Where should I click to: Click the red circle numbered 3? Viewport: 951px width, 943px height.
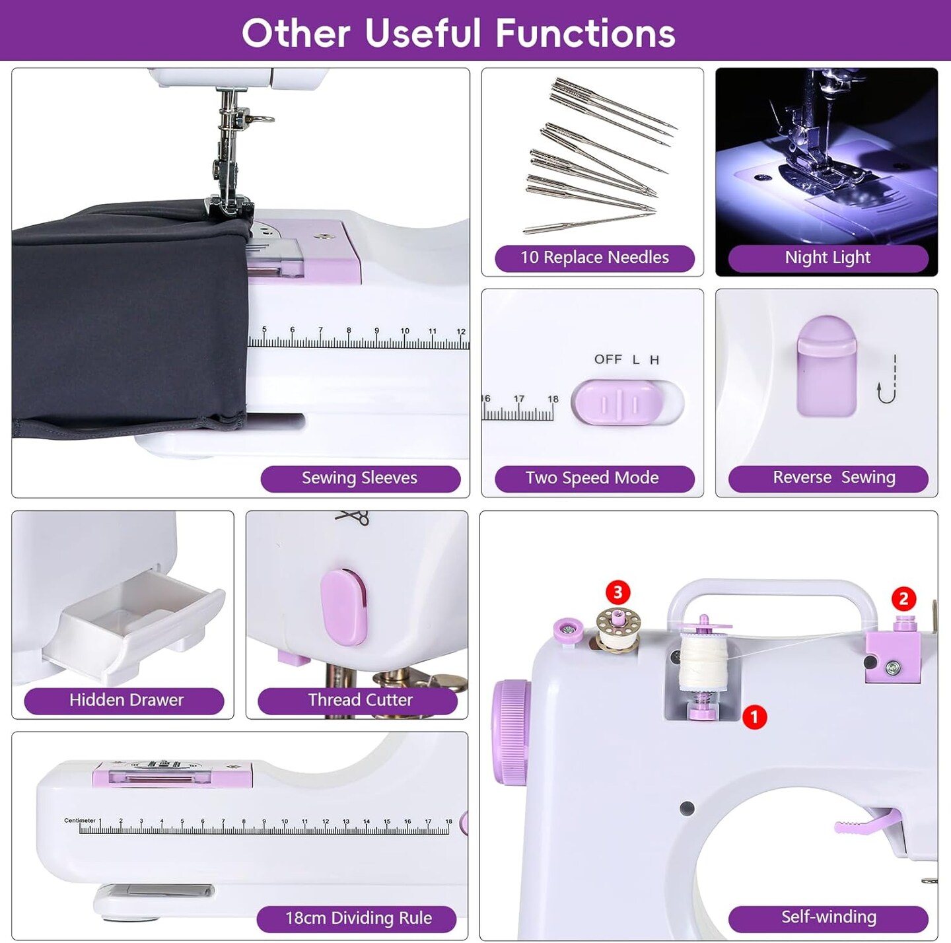pyautogui.click(x=617, y=592)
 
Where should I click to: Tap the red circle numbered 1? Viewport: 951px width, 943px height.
pyautogui.click(x=754, y=716)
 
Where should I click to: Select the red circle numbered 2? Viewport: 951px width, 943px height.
pyautogui.click(x=903, y=599)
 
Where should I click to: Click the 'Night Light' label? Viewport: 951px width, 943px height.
pyautogui.click(x=828, y=258)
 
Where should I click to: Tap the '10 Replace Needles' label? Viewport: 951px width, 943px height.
pyautogui.click(x=594, y=258)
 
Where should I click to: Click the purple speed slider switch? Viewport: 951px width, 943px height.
pyautogui.click(x=618, y=402)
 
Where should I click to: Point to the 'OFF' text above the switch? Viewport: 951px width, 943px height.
pyautogui.click(x=608, y=359)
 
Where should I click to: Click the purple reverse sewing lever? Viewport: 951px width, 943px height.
pyautogui.click(x=826, y=367)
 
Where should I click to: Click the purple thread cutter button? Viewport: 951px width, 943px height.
pyautogui.click(x=343, y=607)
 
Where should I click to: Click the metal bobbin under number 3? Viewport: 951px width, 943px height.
pyautogui.click(x=618, y=631)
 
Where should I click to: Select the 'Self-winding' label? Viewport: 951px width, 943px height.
pyautogui.click(x=828, y=917)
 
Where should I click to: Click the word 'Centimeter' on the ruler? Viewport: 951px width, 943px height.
pyautogui.click(x=80, y=820)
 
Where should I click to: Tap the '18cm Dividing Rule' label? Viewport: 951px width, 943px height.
pyautogui.click(x=358, y=918)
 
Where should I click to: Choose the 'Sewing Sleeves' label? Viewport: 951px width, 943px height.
pyautogui.click(x=359, y=478)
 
